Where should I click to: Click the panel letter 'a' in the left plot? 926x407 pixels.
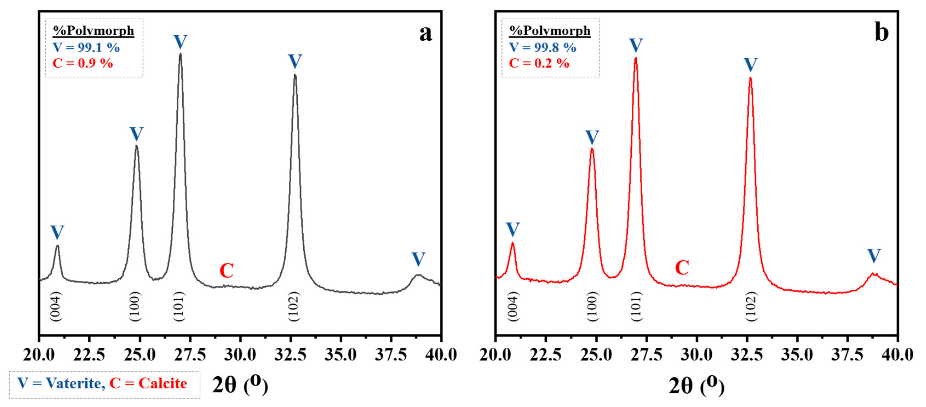(x=425, y=33)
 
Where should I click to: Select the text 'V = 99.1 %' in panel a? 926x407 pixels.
(x=86, y=47)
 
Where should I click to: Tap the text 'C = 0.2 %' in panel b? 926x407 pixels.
(x=539, y=63)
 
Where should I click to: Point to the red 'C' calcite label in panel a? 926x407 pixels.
(x=226, y=271)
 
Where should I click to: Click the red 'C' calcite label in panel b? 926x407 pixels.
(x=682, y=268)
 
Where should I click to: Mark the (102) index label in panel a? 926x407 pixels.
(x=294, y=306)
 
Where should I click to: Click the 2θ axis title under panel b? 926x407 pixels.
(x=696, y=385)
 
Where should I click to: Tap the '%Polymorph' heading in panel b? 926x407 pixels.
(x=550, y=31)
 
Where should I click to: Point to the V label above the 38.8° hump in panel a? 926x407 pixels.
(x=418, y=259)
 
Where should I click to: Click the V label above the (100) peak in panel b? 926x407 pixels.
(x=592, y=137)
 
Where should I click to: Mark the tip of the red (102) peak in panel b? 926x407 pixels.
(x=750, y=78)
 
